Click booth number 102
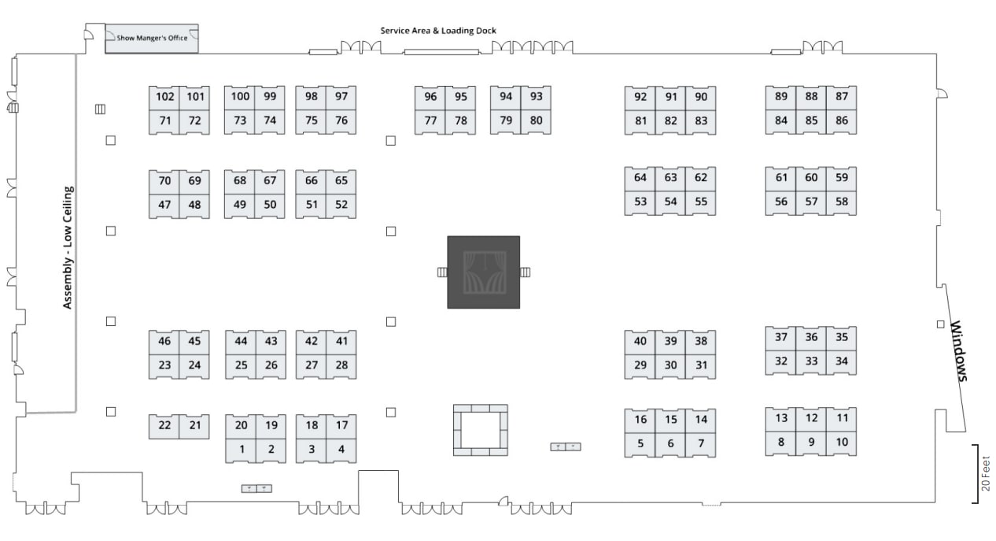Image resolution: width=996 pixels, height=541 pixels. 164,97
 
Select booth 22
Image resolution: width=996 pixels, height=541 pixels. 164,425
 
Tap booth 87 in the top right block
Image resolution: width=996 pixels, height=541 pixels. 842,97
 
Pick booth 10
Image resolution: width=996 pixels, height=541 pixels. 842,442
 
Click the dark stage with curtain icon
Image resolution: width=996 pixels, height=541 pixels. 483,272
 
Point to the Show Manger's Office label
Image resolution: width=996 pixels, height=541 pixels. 152,37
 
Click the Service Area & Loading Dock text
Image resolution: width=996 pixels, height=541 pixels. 438,31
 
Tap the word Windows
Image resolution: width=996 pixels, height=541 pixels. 959,350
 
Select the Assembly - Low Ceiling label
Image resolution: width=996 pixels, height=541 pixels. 68,247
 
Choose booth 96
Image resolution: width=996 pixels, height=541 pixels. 430,97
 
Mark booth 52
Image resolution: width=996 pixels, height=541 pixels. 341,205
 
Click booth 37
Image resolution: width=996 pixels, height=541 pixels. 781,337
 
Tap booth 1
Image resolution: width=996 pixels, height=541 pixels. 242,450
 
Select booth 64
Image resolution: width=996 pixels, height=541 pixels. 640,178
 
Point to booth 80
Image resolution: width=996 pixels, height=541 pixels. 536,121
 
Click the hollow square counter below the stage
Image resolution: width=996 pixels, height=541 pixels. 480,430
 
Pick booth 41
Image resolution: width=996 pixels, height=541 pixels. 341,341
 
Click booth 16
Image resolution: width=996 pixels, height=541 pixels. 640,420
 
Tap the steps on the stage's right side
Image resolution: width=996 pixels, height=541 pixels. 525,272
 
